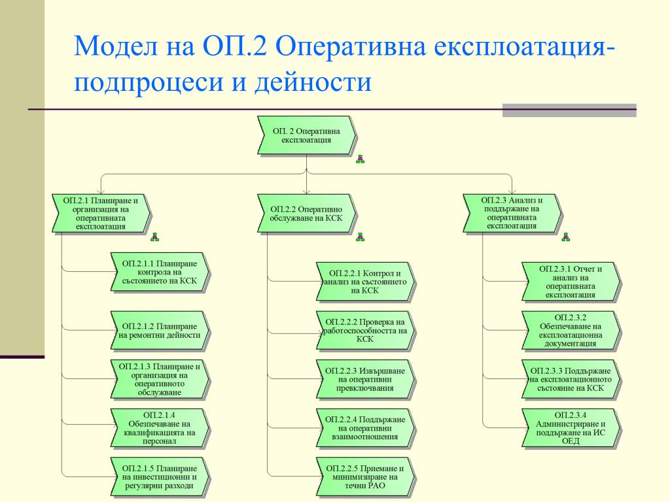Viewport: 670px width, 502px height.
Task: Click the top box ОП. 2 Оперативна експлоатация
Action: [x=306, y=135]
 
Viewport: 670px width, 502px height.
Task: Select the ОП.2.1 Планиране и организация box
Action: [x=101, y=213]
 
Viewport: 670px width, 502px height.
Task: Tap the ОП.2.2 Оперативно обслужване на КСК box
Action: [x=306, y=213]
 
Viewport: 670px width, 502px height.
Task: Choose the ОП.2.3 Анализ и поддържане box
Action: [x=512, y=213]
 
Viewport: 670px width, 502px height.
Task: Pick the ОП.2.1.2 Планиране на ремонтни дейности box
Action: [x=160, y=331]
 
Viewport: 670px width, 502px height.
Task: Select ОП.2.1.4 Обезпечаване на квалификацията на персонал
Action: [x=160, y=427]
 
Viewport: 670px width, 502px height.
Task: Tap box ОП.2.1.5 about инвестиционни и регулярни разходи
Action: [x=160, y=477]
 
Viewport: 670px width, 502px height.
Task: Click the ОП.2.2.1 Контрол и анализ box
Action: [x=365, y=282]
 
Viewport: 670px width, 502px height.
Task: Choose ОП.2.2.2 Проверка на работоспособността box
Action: [x=365, y=331]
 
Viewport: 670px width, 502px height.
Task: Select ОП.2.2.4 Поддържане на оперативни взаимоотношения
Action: [x=365, y=427]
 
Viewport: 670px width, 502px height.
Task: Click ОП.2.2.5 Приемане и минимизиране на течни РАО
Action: [x=365, y=477]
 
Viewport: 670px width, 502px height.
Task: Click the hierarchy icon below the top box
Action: [x=359, y=159]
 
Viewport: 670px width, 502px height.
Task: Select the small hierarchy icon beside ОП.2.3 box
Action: [x=565, y=237]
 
